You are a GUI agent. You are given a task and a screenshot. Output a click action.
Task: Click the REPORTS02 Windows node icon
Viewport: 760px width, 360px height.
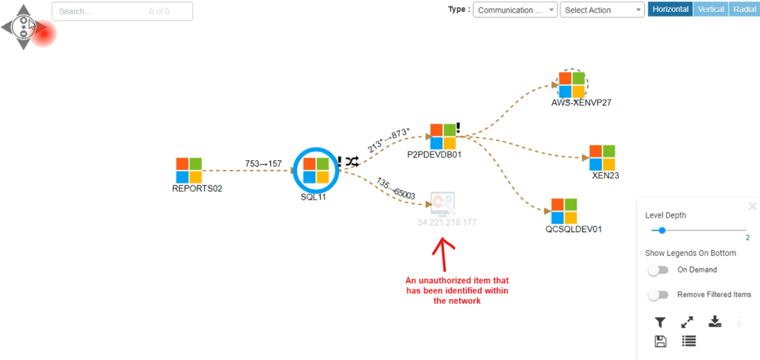(189, 170)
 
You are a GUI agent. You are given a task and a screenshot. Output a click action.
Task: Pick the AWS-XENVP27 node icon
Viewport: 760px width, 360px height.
(572, 84)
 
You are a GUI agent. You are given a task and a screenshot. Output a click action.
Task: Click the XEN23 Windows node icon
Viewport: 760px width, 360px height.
(603, 157)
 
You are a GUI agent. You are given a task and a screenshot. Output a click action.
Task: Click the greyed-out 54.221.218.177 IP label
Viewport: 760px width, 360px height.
(447, 222)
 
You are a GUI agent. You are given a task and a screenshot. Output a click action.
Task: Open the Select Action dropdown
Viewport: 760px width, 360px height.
(602, 10)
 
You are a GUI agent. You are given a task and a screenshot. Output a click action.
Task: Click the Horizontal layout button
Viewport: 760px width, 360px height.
(670, 10)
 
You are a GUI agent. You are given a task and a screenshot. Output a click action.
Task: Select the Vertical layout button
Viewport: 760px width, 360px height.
(710, 10)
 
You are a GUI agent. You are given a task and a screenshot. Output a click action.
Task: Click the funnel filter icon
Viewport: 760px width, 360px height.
(660, 322)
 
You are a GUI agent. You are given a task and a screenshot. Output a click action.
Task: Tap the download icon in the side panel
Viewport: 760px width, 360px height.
(715, 321)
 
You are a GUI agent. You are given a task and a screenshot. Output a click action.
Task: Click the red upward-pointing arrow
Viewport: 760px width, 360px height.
(444, 255)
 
